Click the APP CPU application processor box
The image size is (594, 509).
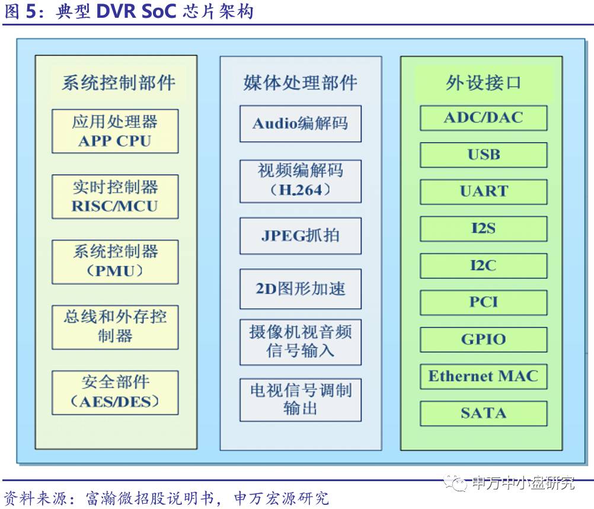coord(115,131)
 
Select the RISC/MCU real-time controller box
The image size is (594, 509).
coord(115,197)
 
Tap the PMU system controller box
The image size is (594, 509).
coord(115,261)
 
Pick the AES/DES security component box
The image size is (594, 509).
coord(115,392)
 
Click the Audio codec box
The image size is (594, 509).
coord(300,123)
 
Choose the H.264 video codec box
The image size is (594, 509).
coord(300,180)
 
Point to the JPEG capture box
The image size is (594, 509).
coord(300,236)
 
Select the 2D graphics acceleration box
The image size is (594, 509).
coord(300,289)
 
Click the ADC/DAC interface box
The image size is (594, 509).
coord(483,117)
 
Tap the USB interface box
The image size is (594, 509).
coord(483,155)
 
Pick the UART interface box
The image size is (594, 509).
coord(483,191)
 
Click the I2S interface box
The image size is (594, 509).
coord(483,228)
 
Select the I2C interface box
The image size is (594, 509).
coord(483,265)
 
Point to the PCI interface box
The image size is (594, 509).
coord(483,302)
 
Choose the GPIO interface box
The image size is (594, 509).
coord(483,340)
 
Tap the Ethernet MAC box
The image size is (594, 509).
coord(483,376)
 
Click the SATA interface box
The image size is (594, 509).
coord(483,413)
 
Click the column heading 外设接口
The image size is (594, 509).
coord(483,82)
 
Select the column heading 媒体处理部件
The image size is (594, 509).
coord(300,82)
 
